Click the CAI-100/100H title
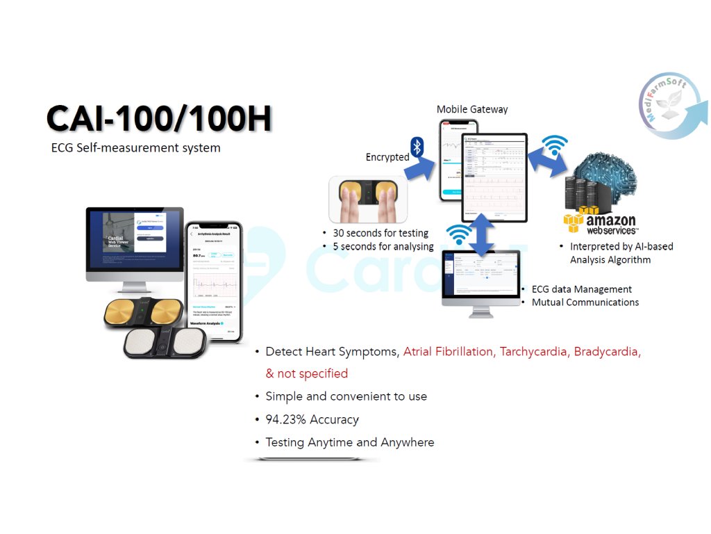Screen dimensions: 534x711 [x=159, y=120]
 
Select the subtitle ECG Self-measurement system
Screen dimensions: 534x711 [x=135, y=147]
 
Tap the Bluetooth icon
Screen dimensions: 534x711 [x=417, y=146]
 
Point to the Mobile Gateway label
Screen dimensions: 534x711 [x=472, y=109]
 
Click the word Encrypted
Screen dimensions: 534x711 [x=387, y=157]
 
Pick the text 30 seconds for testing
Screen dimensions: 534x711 [x=380, y=233]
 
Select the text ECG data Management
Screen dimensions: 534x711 [x=581, y=289]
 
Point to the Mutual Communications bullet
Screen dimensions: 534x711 [x=585, y=302]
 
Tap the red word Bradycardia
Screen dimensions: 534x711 [x=606, y=352]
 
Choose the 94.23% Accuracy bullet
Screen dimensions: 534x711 [x=312, y=419]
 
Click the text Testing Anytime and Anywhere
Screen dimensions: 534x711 [x=349, y=442]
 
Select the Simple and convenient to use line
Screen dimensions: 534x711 [x=346, y=396]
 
